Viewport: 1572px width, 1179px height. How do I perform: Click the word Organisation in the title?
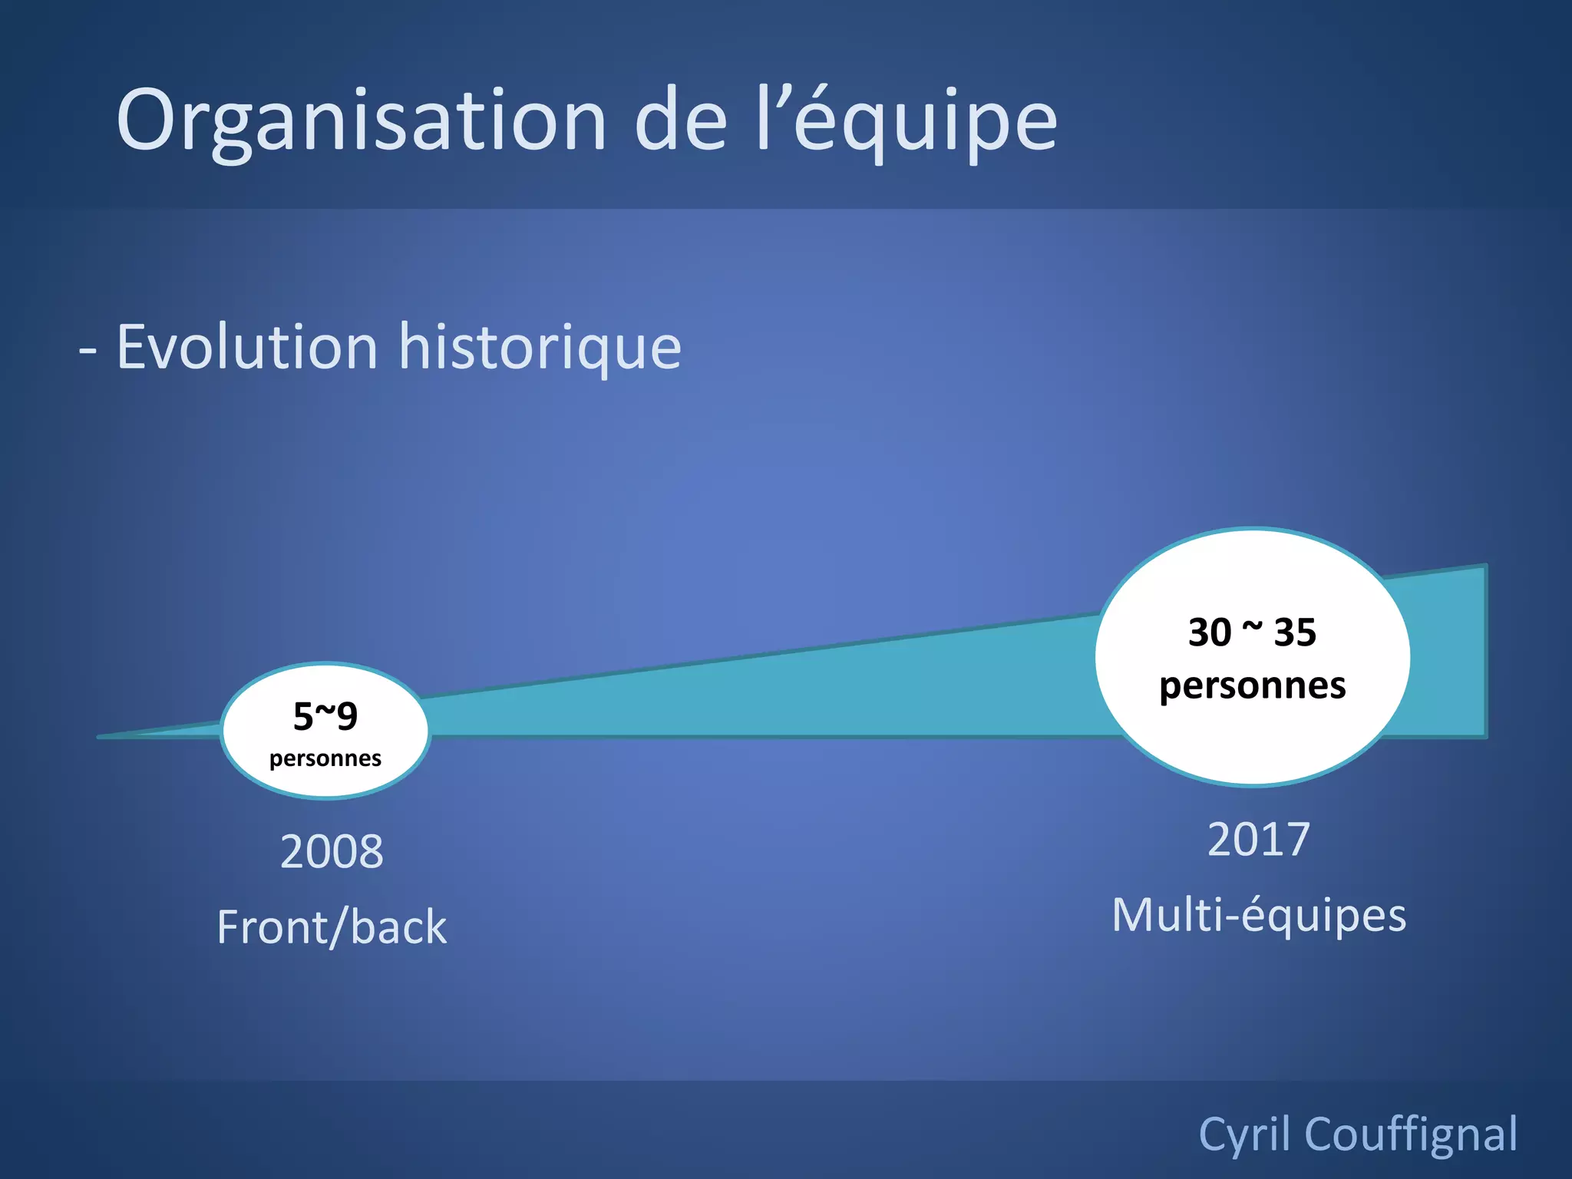[361, 121]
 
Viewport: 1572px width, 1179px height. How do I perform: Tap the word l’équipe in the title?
[906, 121]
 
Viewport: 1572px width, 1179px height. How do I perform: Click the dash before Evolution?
[88, 350]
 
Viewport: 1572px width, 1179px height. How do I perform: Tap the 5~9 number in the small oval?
[325, 715]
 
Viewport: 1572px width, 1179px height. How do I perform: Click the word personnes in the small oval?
[325, 758]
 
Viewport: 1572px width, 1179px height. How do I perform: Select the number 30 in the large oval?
[1210, 632]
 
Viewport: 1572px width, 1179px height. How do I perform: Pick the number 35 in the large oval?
[1295, 632]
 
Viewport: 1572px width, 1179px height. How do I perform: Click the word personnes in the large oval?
[1253, 685]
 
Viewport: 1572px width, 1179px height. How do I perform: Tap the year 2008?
[332, 851]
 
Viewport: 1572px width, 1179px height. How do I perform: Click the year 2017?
[1259, 839]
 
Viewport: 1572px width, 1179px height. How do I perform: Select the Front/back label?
[332, 926]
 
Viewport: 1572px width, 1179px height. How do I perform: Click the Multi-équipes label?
[1259, 915]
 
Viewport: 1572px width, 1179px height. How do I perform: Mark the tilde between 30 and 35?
[1252, 628]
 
